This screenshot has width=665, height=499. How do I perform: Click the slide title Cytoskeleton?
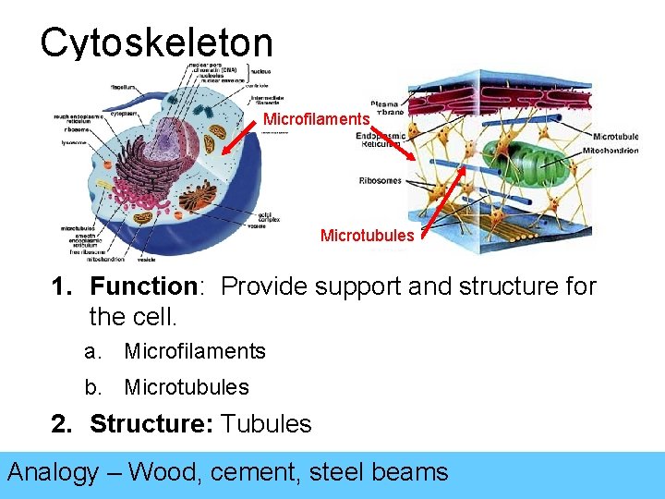click(156, 43)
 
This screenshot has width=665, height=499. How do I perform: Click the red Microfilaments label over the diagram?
click(317, 119)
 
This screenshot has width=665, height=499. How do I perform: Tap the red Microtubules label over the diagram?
click(367, 236)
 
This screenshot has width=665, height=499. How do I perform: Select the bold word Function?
click(144, 286)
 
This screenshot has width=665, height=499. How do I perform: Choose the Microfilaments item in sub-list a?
click(195, 351)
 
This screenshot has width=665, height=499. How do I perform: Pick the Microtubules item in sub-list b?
click(187, 387)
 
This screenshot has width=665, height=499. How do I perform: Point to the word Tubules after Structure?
click(267, 424)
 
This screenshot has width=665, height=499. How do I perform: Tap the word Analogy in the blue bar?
click(53, 472)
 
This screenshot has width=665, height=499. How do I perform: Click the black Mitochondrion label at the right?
click(611, 151)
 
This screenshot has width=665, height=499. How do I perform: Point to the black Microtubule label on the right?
click(614, 137)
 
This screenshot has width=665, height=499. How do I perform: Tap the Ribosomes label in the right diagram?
click(380, 180)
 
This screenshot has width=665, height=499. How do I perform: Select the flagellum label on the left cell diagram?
click(124, 87)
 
